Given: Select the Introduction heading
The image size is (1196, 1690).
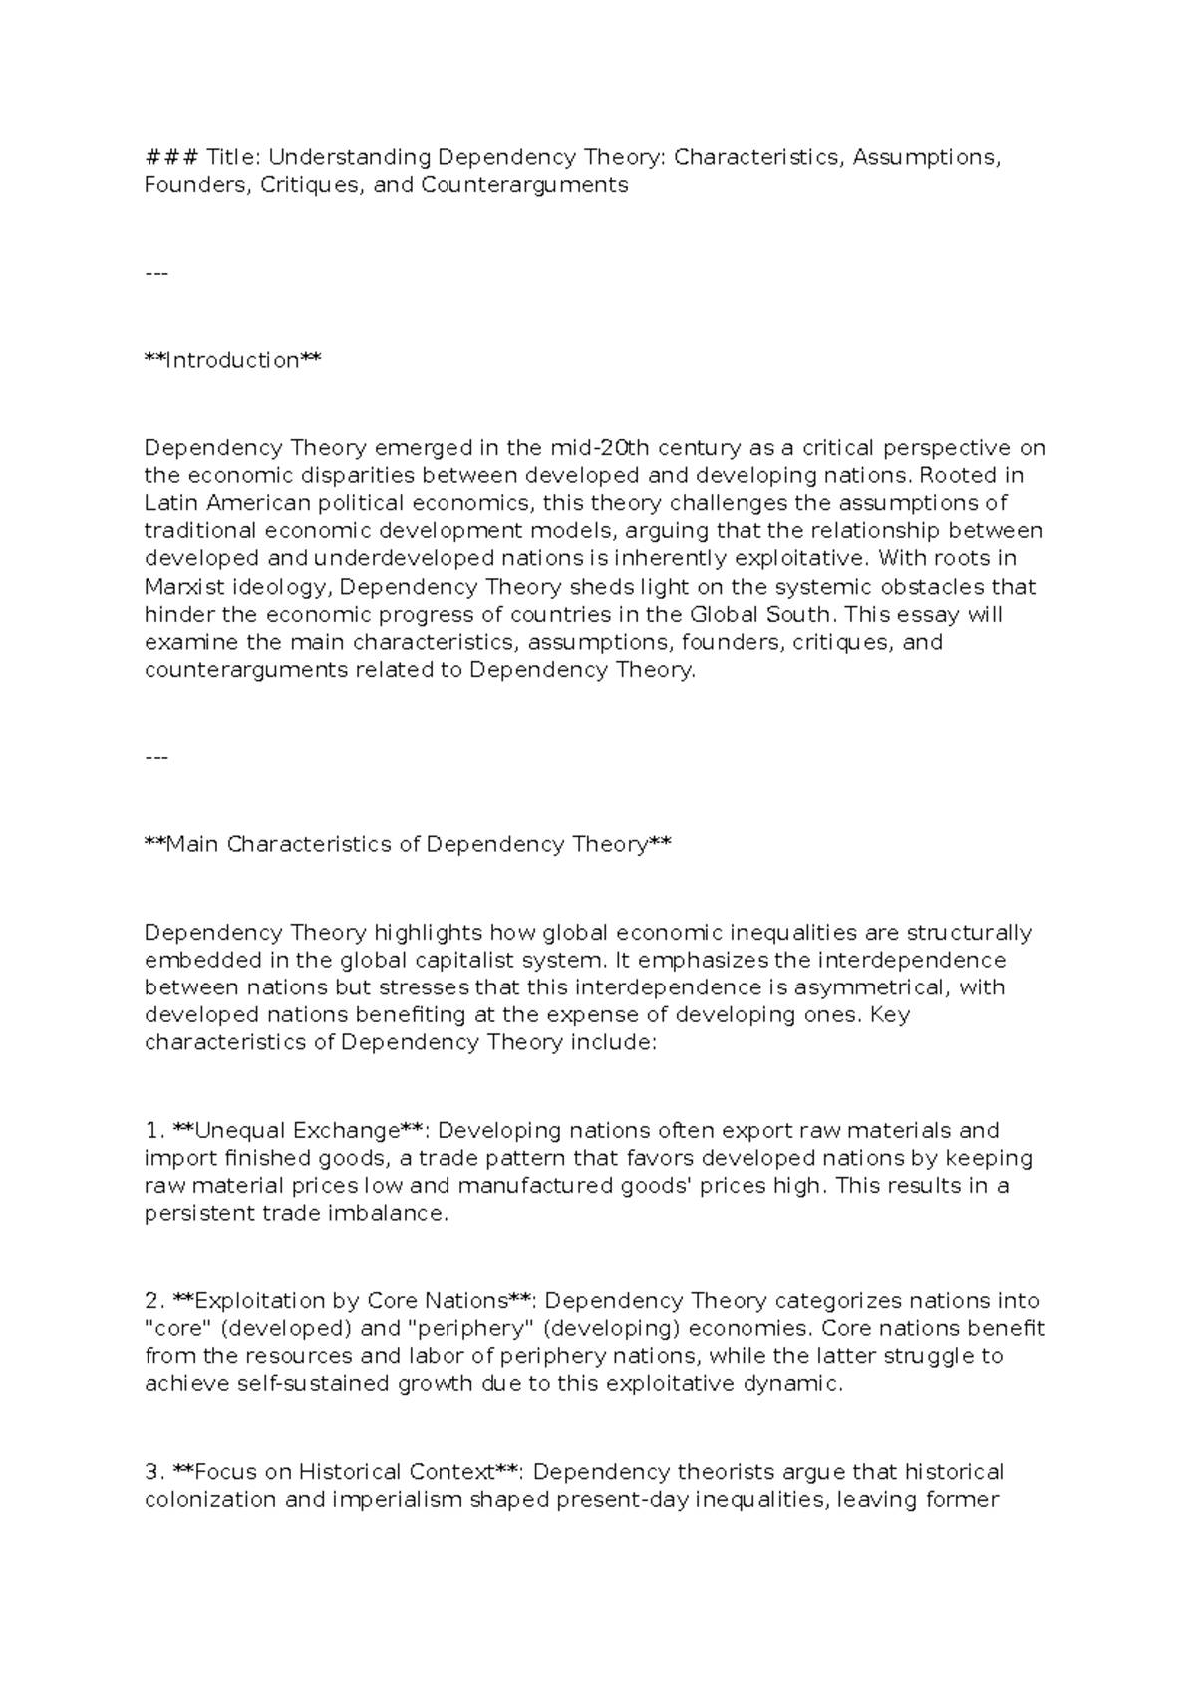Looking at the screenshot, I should [x=233, y=360].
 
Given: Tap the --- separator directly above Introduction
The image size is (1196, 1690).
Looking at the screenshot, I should [x=156, y=273].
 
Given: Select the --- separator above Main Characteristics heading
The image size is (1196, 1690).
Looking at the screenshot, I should [x=156, y=758].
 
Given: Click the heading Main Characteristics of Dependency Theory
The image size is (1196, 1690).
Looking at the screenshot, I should [x=408, y=845].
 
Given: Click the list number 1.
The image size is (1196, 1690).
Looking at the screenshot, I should [x=152, y=1131].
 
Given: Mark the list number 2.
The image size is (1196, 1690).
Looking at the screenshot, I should [x=153, y=1301].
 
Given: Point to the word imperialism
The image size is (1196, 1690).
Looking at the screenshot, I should [x=386, y=1500].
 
